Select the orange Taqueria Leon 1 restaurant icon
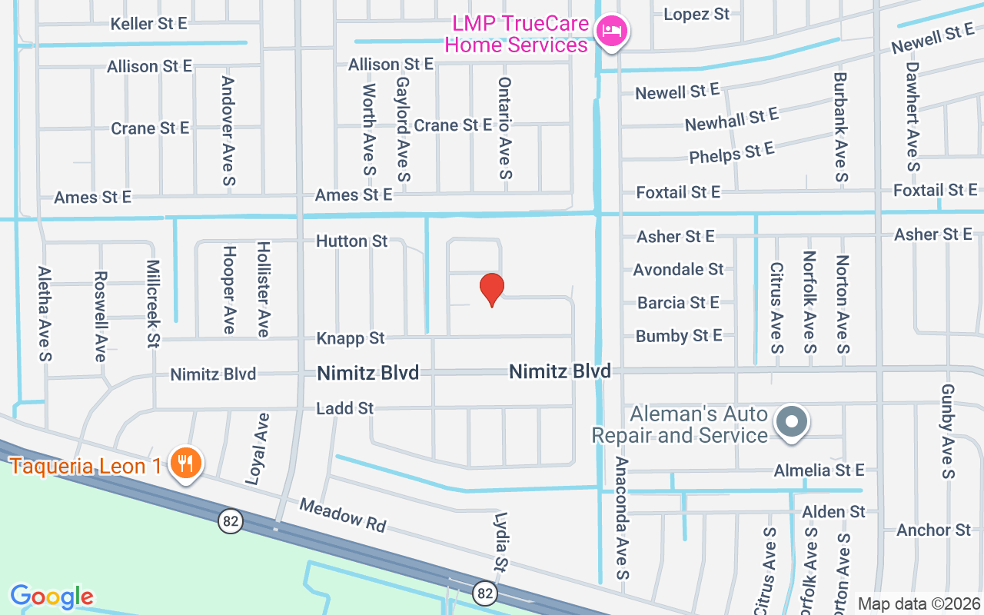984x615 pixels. click(x=185, y=463)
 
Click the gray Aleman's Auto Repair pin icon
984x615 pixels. click(x=792, y=422)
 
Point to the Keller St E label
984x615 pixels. click(x=148, y=23)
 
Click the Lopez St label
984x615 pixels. click(x=696, y=14)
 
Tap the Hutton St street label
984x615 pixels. click(x=352, y=241)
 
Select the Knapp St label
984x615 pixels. click(x=351, y=338)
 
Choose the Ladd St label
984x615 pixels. click(x=345, y=408)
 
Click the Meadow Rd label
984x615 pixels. click(x=342, y=515)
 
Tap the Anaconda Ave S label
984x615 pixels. click(x=622, y=519)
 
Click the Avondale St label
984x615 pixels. click(x=678, y=269)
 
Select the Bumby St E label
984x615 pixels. click(x=679, y=336)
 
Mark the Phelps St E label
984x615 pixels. click(x=732, y=152)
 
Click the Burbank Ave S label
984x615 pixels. click(x=840, y=128)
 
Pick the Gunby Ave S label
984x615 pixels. click(x=947, y=431)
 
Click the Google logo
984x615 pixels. click(x=52, y=597)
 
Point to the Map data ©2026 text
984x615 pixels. click(x=919, y=603)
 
